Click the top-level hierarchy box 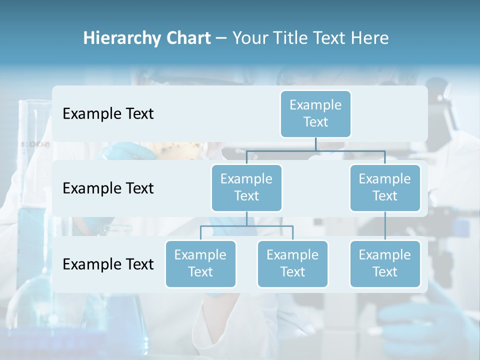(x=315, y=113)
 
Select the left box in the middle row (x=246, y=187)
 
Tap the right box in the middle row (x=385, y=187)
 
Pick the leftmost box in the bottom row (x=200, y=263)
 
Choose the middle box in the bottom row (x=292, y=263)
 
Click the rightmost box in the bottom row (x=385, y=263)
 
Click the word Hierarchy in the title (x=121, y=38)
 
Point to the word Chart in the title (x=187, y=38)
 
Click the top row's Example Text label (x=108, y=113)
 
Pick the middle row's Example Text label (x=108, y=188)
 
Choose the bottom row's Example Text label (x=108, y=264)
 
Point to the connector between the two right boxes (x=385, y=225)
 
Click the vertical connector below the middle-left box (x=246, y=218)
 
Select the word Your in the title (x=250, y=38)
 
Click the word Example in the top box (x=315, y=105)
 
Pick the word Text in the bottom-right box (x=385, y=272)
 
